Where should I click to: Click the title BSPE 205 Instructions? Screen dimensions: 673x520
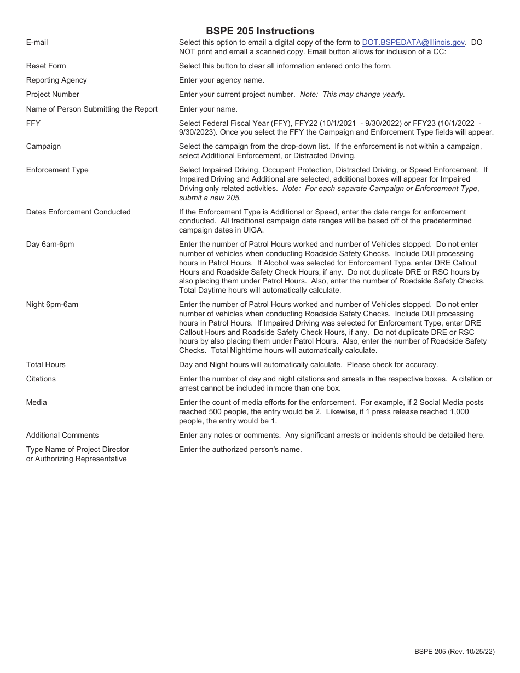pos(260,31)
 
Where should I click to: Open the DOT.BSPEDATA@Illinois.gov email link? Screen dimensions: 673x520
pos(413,42)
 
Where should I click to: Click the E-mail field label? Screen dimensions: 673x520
pos(37,42)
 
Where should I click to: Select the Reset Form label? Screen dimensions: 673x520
pos(46,66)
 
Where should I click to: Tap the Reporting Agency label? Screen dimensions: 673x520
pos(56,80)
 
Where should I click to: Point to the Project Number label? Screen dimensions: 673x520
pos(53,94)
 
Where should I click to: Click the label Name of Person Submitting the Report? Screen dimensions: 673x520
pos(91,109)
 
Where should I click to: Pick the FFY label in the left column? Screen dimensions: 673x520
pos(33,123)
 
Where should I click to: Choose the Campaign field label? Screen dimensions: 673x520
pos(43,146)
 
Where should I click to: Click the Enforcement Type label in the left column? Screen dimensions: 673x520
pos(57,170)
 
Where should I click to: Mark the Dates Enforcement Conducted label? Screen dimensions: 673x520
pos(78,212)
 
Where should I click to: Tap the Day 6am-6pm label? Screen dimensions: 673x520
pos(50,244)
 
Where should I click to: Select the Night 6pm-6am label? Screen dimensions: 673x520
pos(52,304)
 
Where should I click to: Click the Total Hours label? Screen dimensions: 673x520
pos(45,364)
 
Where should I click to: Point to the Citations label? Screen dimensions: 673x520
pos(41,379)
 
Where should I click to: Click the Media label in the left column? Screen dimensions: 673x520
pos(37,402)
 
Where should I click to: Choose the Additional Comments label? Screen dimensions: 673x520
pos(62,435)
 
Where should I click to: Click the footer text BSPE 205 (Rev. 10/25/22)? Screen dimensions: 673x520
pos(454,651)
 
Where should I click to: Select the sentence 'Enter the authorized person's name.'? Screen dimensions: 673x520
pos(240,449)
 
